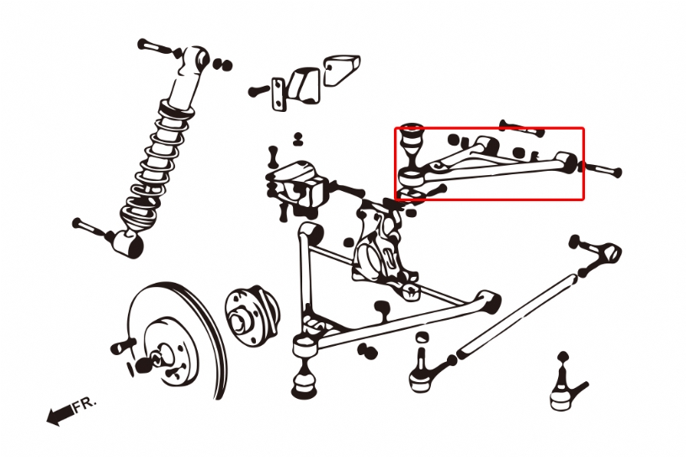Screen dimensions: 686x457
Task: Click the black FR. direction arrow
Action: click(x=61, y=414)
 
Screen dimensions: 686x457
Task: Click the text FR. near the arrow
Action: click(x=84, y=404)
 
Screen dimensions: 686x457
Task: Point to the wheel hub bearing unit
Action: click(x=251, y=314)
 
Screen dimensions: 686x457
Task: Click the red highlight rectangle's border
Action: click(x=489, y=128)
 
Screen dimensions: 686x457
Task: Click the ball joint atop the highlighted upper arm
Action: click(x=412, y=146)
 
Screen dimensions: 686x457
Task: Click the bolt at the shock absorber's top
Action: click(x=157, y=47)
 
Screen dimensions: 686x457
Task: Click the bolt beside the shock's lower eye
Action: click(x=91, y=228)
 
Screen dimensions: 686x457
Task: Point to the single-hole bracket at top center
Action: click(x=342, y=69)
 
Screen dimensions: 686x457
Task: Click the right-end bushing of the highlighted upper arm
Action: click(x=566, y=162)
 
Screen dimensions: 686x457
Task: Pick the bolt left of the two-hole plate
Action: click(x=259, y=91)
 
